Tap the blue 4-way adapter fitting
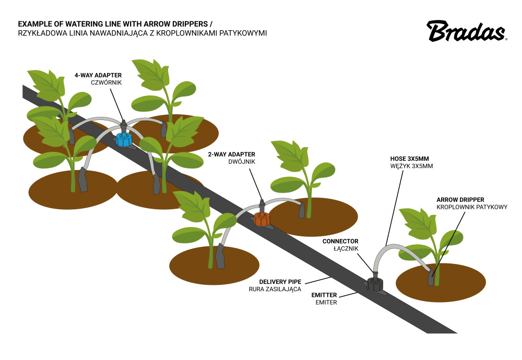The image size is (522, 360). pyautogui.click(x=124, y=139)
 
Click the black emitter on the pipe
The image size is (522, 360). pyautogui.click(x=374, y=285)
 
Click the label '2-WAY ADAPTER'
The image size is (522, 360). pyautogui.click(x=231, y=154)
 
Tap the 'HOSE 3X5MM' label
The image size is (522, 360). pyautogui.click(x=412, y=158)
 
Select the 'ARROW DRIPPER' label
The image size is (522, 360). pyautogui.click(x=460, y=200)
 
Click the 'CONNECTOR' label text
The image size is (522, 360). pyautogui.click(x=340, y=241)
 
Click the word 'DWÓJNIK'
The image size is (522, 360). pyautogui.click(x=241, y=162)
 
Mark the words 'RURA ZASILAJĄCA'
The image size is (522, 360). pyautogui.click(x=275, y=289)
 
